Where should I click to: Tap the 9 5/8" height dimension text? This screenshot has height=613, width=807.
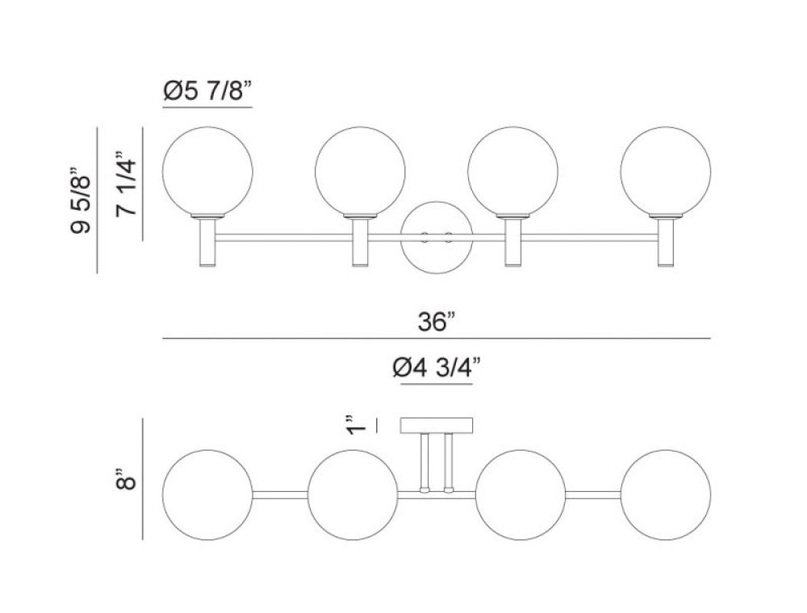click(x=80, y=199)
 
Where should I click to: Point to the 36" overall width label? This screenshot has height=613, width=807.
click(x=437, y=323)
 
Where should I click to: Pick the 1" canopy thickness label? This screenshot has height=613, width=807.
click(x=352, y=425)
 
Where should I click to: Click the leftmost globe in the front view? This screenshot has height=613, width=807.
click(x=207, y=171)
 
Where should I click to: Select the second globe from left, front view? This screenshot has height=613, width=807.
click(x=360, y=171)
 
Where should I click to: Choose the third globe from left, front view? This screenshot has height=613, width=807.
click(x=512, y=171)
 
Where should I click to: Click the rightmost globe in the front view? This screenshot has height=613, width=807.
click(x=665, y=171)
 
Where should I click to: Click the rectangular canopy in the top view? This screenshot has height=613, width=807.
click(x=437, y=425)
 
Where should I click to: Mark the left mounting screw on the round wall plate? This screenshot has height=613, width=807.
click(x=425, y=237)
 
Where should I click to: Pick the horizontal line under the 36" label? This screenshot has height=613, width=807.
click(x=437, y=339)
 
